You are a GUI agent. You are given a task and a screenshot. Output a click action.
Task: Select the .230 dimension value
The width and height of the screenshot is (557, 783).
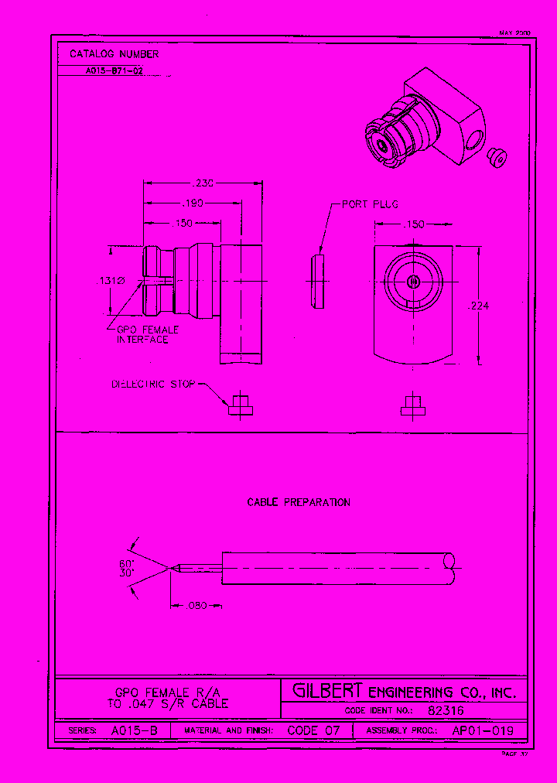(x=203, y=183)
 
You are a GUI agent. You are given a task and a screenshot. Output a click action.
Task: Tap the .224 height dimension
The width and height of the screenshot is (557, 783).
(x=478, y=306)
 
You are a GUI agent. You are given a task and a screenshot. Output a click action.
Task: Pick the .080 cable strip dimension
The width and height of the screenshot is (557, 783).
(x=198, y=606)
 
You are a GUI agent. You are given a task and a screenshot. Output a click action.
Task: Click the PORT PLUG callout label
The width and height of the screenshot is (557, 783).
(x=370, y=204)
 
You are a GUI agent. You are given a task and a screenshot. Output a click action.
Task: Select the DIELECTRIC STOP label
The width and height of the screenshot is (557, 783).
(x=154, y=384)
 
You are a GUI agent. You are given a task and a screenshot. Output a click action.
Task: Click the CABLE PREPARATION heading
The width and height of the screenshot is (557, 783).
(x=299, y=502)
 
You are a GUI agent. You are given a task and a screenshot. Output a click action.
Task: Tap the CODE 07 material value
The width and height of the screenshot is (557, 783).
(x=313, y=730)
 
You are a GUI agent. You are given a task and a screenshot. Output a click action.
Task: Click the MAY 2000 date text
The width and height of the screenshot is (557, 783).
(x=514, y=33)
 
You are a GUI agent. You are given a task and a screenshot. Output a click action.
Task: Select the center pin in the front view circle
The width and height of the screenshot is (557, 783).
(x=413, y=282)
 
